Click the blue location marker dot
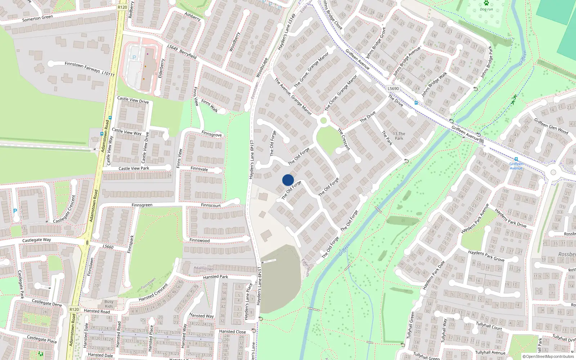[288, 180]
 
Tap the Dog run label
[486, 9]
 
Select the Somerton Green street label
[37, 18]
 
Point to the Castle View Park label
[134, 168]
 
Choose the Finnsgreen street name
[142, 205]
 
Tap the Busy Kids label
[109, 304]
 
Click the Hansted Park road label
[215, 277]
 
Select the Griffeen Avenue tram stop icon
[516, 159]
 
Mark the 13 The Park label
[399, 136]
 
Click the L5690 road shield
[393, 88]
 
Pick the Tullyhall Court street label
[489, 326]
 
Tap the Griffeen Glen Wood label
[551, 126]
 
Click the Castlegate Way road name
[36, 240]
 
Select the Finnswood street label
[199, 240]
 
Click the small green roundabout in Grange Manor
[323, 121]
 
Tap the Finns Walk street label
[210, 106]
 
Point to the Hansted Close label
[232, 332]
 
